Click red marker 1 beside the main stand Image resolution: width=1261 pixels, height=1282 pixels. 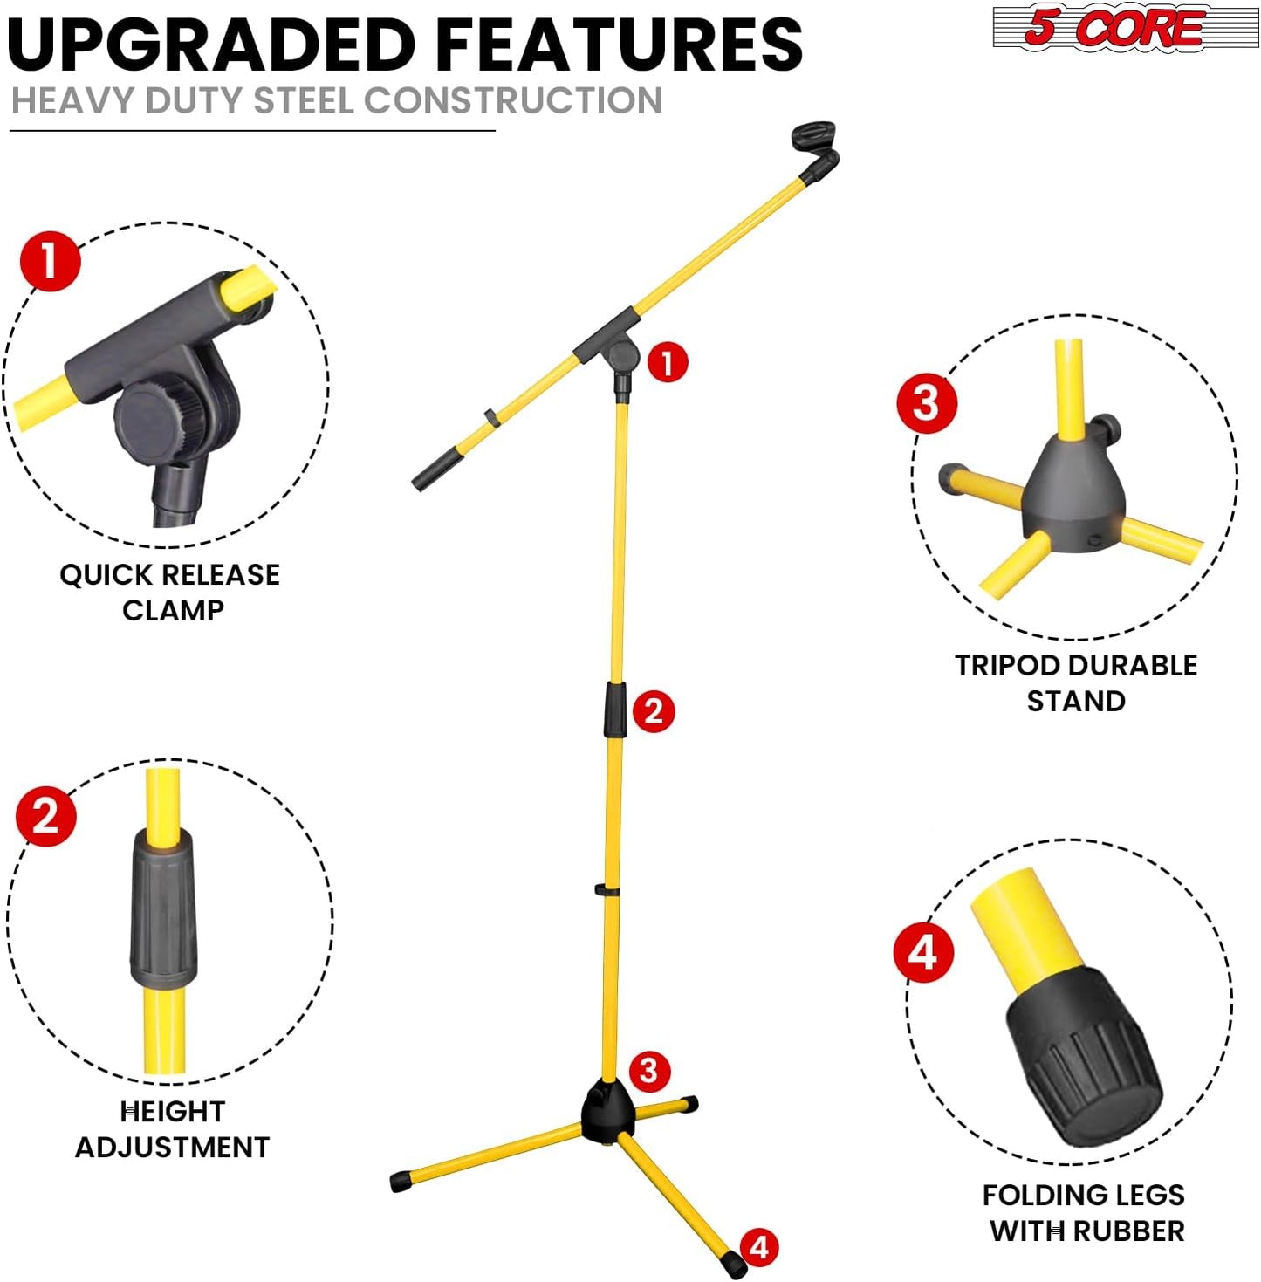(668, 362)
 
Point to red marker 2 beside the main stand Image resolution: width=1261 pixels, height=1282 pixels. (654, 711)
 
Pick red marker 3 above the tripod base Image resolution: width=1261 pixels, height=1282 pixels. (648, 1070)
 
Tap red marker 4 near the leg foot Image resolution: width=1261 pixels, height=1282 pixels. (759, 1246)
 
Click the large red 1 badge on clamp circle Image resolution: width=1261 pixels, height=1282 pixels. (50, 261)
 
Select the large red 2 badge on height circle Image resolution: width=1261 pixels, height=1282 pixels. (45, 816)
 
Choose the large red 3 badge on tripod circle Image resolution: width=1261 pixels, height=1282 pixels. (926, 403)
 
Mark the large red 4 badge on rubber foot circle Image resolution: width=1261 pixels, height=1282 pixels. (923, 952)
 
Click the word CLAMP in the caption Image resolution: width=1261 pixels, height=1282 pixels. (173, 610)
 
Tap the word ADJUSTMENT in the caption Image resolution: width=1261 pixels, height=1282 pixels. (172, 1147)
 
